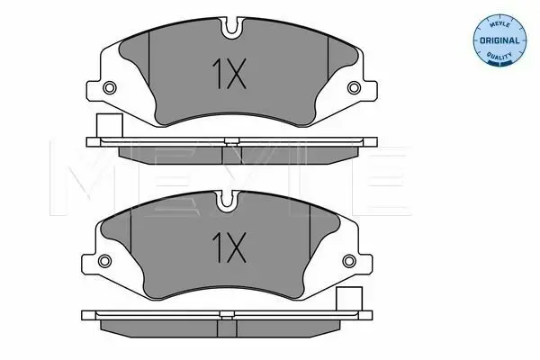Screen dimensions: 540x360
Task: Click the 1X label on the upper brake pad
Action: (x=229, y=74)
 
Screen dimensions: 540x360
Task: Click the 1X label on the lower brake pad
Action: (x=229, y=247)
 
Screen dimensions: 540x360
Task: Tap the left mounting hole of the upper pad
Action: (x=110, y=87)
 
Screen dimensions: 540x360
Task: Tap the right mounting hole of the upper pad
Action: (x=354, y=87)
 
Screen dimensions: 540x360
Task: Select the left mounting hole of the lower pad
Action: (x=104, y=260)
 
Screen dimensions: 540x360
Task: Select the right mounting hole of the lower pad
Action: (x=349, y=260)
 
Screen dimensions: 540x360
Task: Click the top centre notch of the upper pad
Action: (x=232, y=27)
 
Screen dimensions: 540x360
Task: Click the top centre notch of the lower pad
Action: (x=227, y=200)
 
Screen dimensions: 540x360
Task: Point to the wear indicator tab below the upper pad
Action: (x=110, y=125)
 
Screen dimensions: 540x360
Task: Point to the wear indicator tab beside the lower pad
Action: (x=349, y=299)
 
